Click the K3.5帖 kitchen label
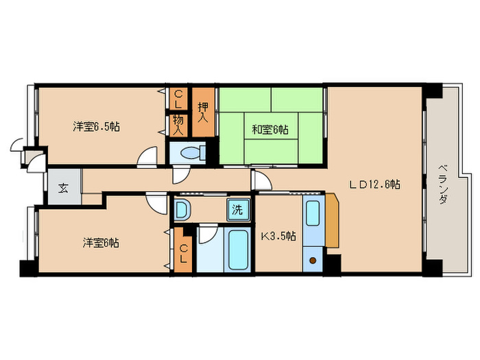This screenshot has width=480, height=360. click(278, 236)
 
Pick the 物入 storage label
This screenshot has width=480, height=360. click(178, 124)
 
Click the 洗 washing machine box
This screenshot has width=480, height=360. click(237, 211)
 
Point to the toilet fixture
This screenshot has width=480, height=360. click(195, 154)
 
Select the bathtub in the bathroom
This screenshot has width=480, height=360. click(238, 252)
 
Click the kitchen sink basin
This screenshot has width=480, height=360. click(313, 215)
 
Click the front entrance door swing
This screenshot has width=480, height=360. click(18, 145)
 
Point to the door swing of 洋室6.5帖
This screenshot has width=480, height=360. click(147, 158)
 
